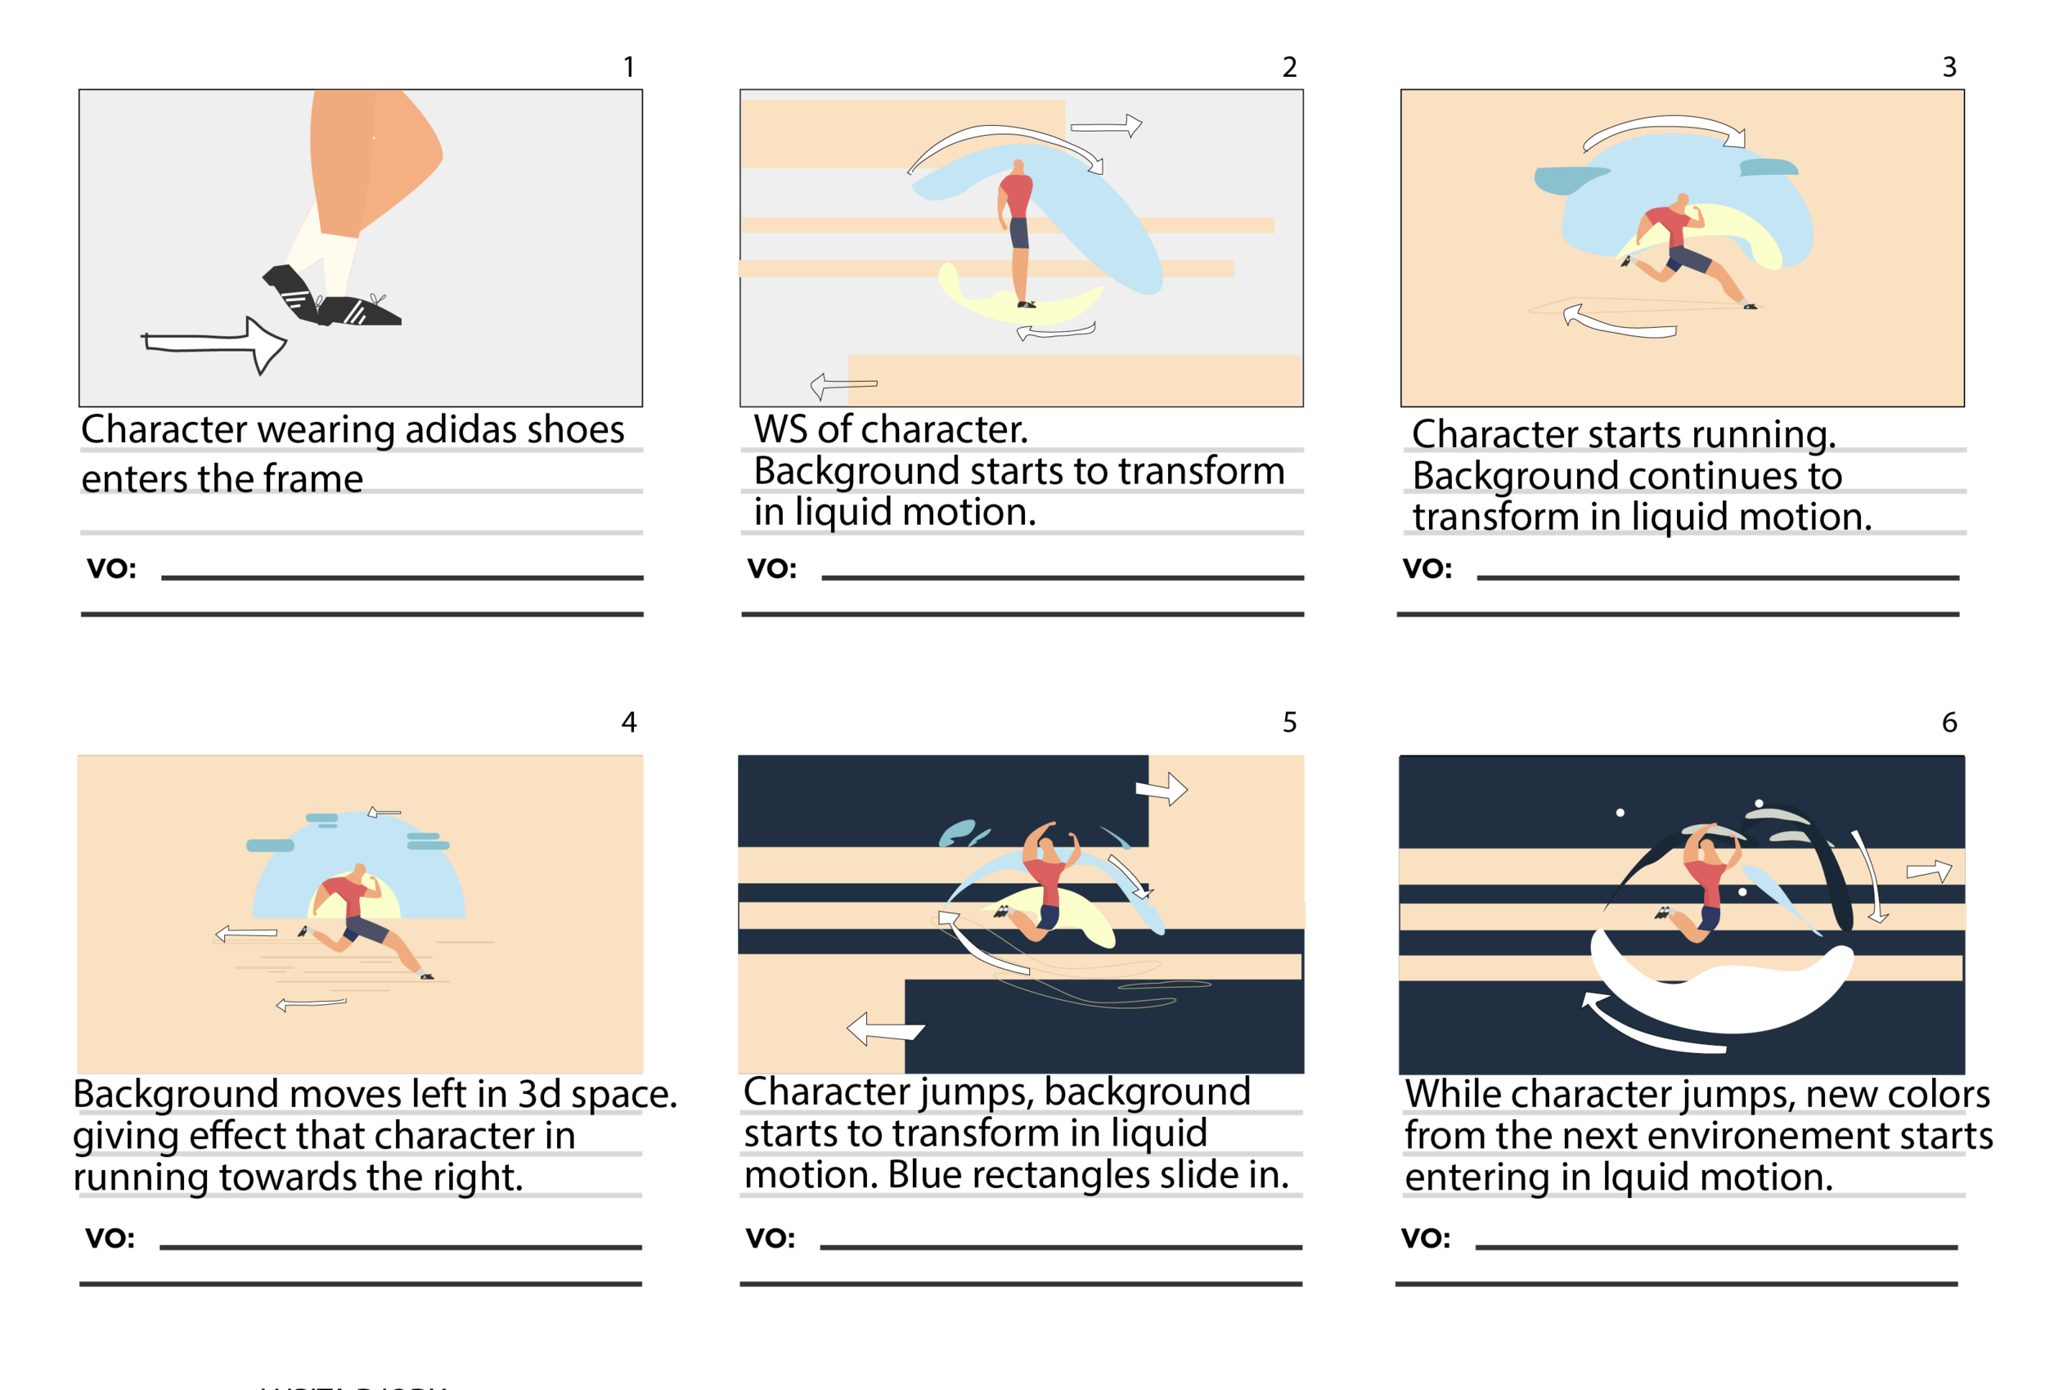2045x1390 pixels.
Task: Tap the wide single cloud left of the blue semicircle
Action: pos(269,845)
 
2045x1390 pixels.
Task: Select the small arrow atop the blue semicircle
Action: pos(384,812)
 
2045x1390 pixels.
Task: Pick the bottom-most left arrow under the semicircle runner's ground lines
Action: pos(310,1004)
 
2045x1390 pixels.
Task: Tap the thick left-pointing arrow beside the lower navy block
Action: pos(883,1029)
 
